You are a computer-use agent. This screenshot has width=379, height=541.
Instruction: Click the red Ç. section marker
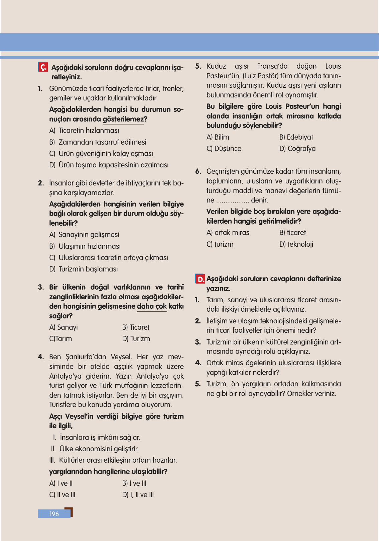[43, 67]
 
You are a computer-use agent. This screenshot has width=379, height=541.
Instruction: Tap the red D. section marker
[200, 279]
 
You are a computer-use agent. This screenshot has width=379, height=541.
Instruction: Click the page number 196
[54, 514]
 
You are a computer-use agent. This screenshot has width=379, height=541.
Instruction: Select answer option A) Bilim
[218, 137]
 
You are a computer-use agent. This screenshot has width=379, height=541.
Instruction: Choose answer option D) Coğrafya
[297, 148]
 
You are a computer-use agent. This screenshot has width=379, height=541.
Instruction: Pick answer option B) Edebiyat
[296, 137]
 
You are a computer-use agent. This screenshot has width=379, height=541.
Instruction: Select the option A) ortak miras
[228, 232]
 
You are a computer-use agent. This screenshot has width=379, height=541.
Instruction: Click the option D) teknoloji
[296, 244]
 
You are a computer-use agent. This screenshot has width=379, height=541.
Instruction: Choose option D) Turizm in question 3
[136, 338]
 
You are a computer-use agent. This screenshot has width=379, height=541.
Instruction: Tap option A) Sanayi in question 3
[64, 327]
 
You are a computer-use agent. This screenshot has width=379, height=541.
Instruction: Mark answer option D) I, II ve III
[138, 494]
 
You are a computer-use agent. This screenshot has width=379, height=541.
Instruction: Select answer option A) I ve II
[61, 483]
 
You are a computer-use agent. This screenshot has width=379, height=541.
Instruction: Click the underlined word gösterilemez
[123, 119]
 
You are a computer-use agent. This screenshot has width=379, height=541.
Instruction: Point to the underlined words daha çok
[152, 306]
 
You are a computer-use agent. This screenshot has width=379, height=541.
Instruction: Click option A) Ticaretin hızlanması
[84, 131]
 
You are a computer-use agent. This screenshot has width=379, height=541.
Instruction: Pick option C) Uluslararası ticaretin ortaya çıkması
[109, 257]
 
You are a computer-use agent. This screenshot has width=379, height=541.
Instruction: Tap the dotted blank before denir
[232, 201]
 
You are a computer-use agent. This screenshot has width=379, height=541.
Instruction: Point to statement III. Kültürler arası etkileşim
[113, 460]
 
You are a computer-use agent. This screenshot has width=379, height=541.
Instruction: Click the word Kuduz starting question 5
[216, 66]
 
